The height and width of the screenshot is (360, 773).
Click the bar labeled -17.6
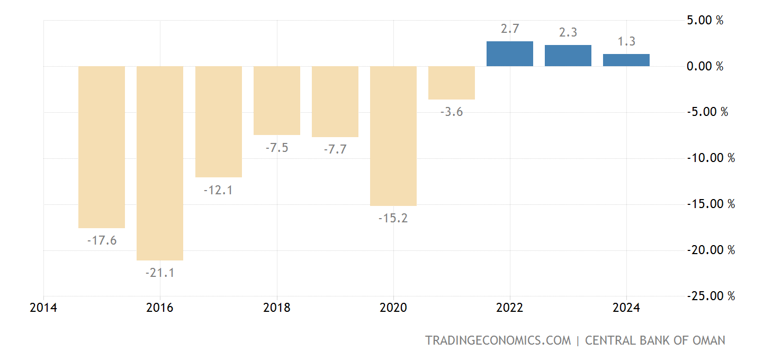102,147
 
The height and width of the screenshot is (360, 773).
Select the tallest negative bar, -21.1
160,163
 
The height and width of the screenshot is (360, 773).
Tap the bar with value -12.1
218,122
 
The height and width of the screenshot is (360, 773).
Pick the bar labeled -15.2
393,136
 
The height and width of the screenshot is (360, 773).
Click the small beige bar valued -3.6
452,83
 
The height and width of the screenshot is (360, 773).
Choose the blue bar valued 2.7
510,53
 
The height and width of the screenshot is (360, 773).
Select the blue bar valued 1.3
626,60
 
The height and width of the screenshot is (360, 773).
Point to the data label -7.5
277,148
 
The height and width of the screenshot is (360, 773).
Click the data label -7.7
335,149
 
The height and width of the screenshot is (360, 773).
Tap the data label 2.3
568,32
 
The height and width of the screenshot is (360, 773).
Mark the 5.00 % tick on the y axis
704,21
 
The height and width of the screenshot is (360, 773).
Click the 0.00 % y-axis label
704,66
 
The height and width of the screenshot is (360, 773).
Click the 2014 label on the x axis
43,308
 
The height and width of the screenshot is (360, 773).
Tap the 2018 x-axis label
276,308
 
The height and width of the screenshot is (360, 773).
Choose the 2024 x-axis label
626,308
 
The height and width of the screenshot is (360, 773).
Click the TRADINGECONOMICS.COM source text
498,340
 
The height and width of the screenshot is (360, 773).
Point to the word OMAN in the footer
709,340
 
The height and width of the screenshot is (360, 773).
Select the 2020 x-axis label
393,308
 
